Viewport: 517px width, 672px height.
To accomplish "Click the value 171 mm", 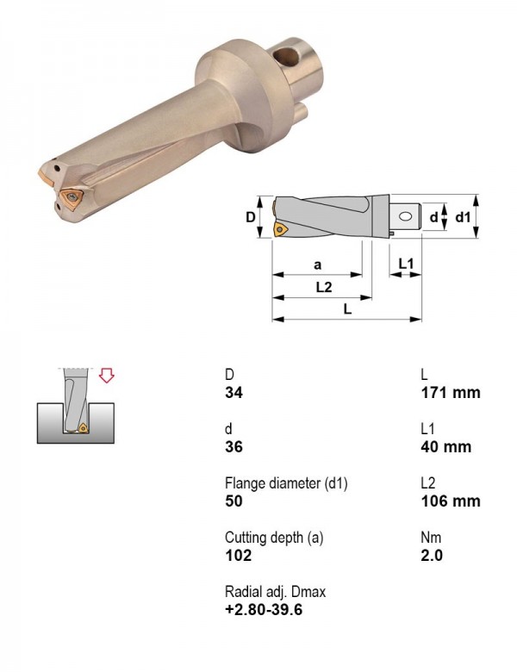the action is pyautogui.click(x=450, y=392).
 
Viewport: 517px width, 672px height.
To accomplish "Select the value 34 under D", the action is pyautogui.click(x=234, y=392).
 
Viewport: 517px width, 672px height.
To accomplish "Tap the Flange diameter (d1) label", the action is pyautogui.click(x=286, y=483).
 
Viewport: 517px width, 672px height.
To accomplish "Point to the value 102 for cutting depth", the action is pyautogui.click(x=239, y=555).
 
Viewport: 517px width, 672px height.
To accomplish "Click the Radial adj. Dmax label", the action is pyautogui.click(x=275, y=592).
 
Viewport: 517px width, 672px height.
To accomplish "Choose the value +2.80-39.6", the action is pyautogui.click(x=264, y=609).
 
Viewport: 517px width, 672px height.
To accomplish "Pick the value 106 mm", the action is pyautogui.click(x=450, y=501).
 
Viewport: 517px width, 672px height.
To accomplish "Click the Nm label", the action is pyautogui.click(x=431, y=538).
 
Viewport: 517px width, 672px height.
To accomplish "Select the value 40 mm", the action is pyautogui.click(x=445, y=446).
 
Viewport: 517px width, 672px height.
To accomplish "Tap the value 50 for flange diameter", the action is pyautogui.click(x=234, y=501).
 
